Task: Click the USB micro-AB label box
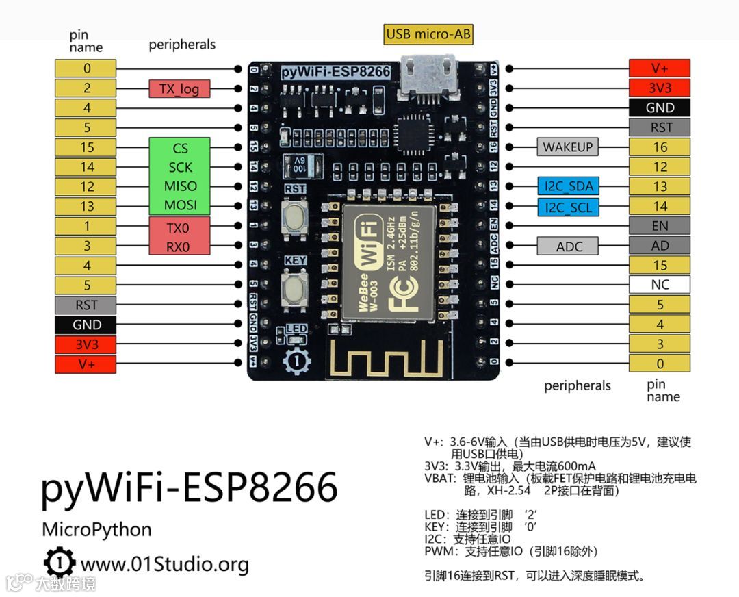(x=429, y=34)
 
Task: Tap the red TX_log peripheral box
(x=179, y=88)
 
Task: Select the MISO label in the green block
(x=180, y=186)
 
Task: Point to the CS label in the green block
(x=180, y=148)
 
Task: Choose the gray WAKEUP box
(x=568, y=147)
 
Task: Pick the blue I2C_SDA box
(x=569, y=186)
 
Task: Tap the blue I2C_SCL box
(x=569, y=206)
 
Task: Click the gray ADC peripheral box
(x=569, y=246)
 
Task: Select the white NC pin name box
(x=660, y=285)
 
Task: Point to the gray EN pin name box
(x=660, y=226)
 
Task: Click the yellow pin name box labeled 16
(x=660, y=147)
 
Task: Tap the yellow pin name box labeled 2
(x=86, y=88)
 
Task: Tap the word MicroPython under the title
(x=96, y=529)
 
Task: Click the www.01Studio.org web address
(x=164, y=564)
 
